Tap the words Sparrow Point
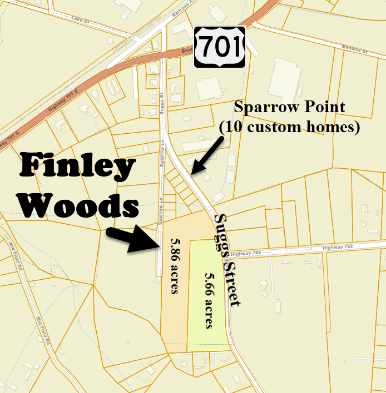tap(290, 107)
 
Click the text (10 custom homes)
tap(289, 127)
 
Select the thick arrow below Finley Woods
tap(133, 238)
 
